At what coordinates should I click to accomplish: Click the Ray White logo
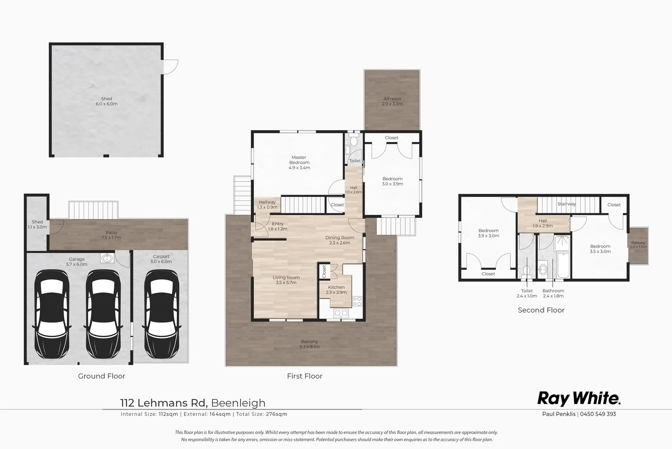(x=579, y=398)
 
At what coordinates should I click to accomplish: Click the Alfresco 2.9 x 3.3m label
(x=392, y=101)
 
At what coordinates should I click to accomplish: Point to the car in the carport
(x=161, y=316)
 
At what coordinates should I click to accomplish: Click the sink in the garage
(x=107, y=259)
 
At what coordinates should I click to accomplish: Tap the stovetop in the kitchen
(x=357, y=301)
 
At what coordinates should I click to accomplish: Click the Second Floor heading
(x=541, y=310)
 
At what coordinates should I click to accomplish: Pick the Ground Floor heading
(x=101, y=376)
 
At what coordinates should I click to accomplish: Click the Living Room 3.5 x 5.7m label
(x=286, y=280)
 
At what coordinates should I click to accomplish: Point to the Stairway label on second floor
(x=567, y=204)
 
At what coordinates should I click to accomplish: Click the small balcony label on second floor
(x=638, y=245)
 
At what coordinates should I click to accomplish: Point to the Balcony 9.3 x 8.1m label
(x=309, y=344)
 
